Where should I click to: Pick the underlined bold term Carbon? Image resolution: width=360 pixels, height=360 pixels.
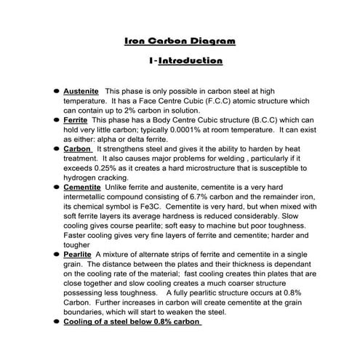pos(78,148)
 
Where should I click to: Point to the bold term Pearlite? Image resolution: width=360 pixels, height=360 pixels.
pos(77,254)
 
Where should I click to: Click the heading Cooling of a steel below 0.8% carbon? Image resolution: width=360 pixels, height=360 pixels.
pos(132,321)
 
